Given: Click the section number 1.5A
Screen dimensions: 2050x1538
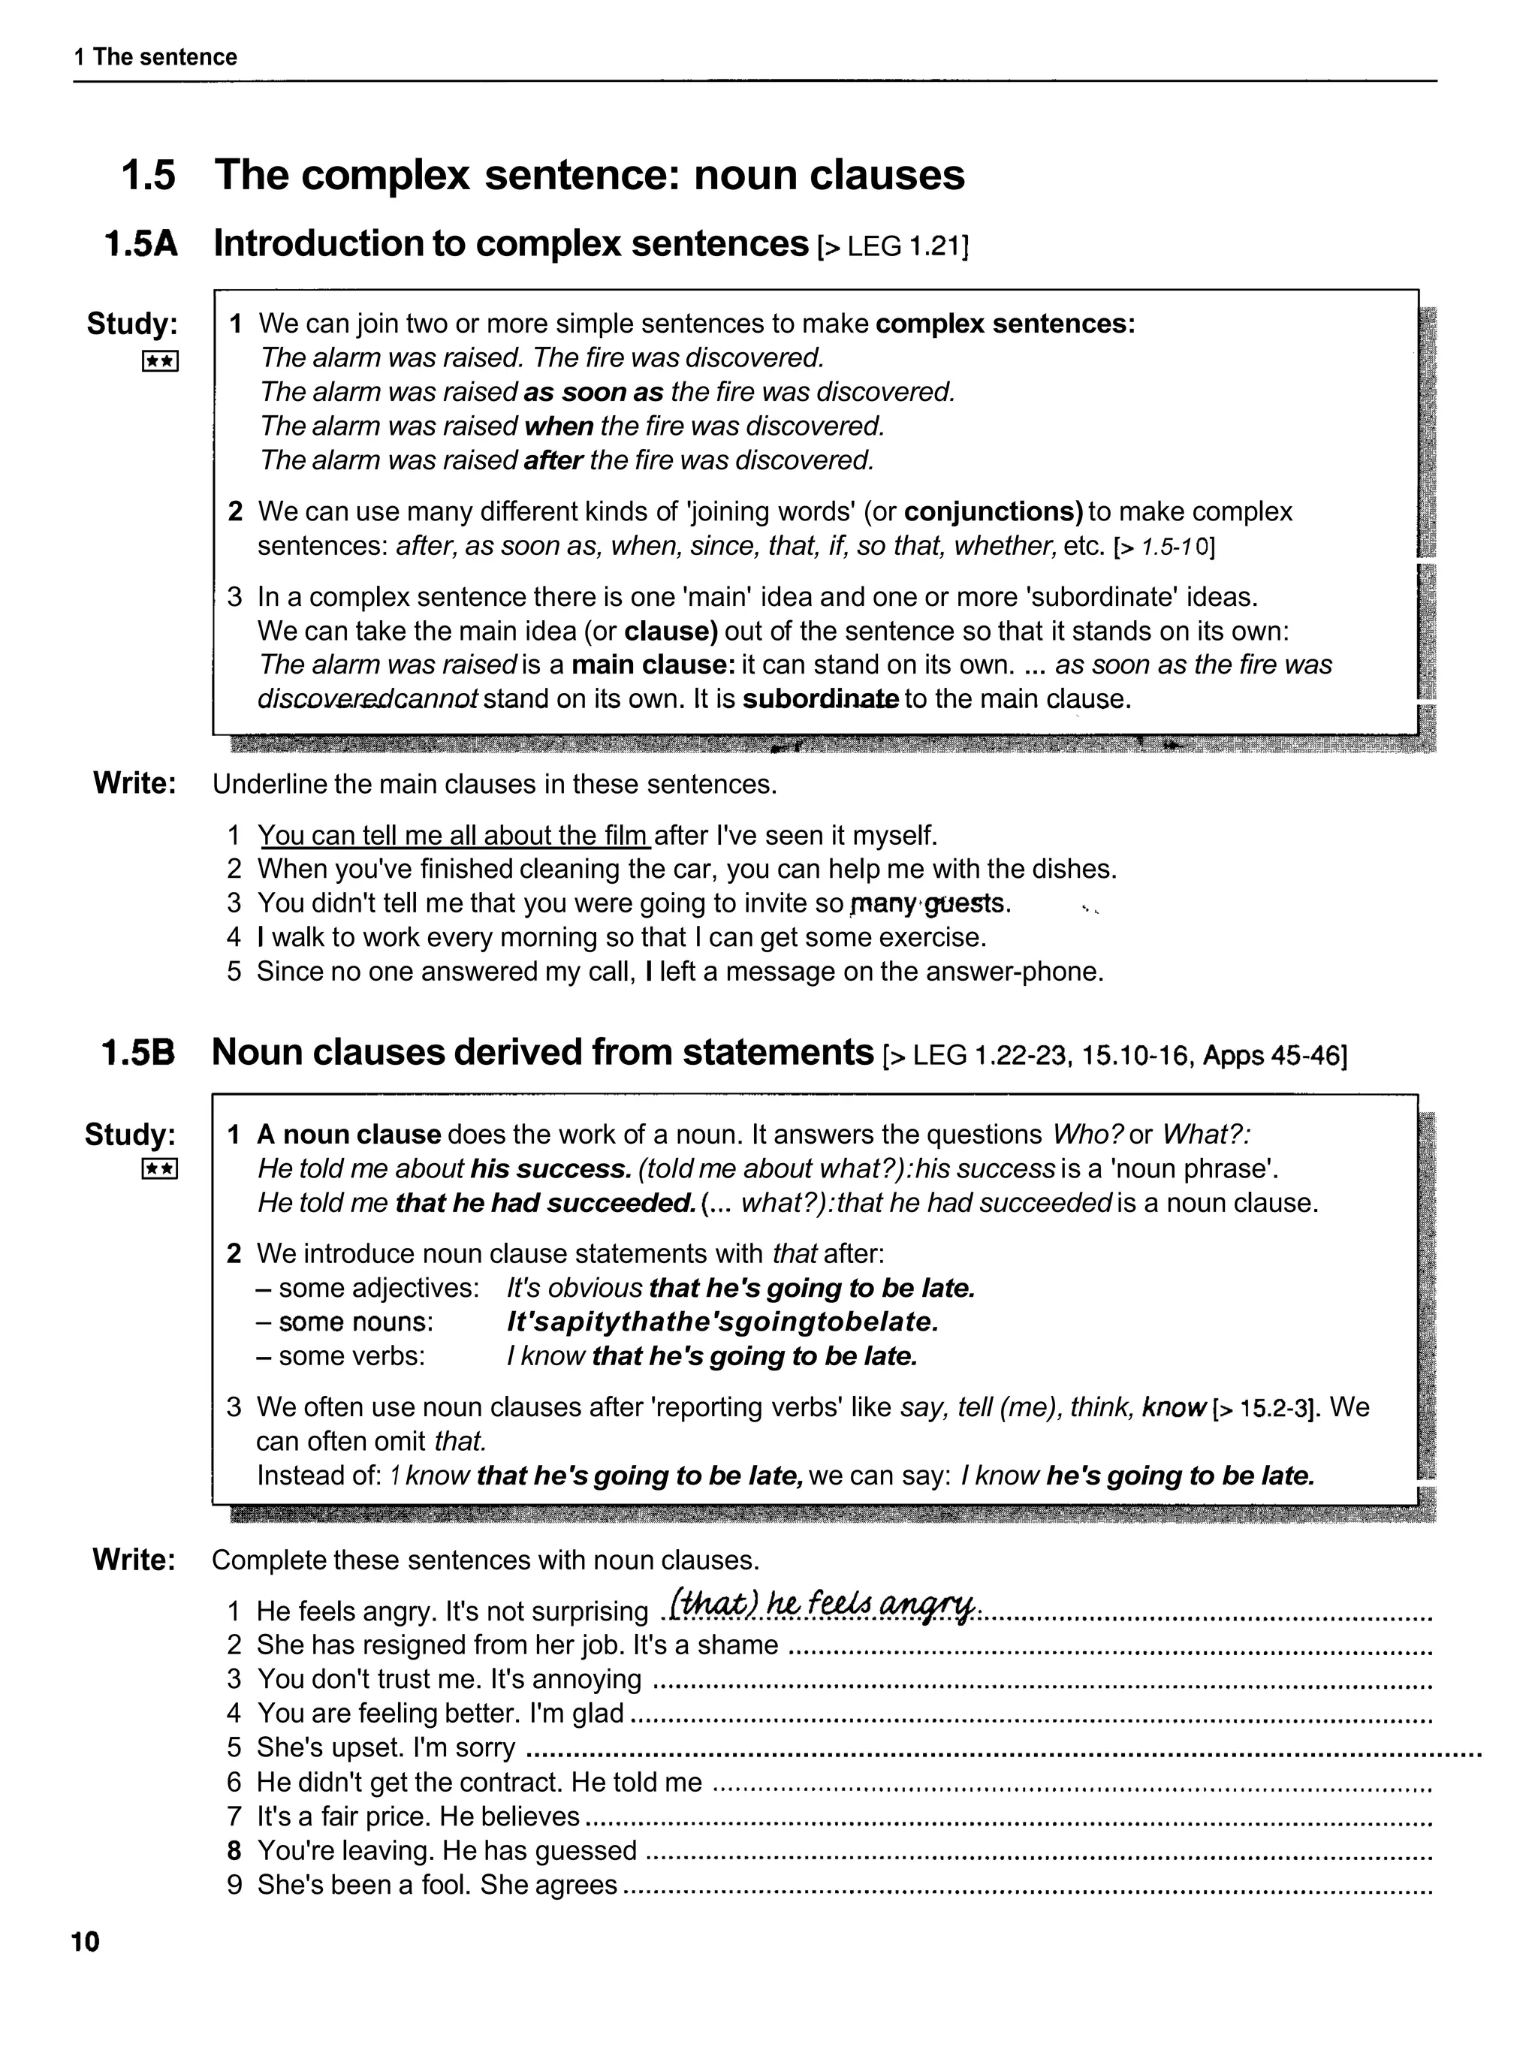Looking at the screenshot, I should click(x=141, y=245).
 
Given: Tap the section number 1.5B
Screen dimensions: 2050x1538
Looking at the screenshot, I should click(x=138, y=1053).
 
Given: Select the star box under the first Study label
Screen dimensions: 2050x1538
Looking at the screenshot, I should click(x=159, y=361).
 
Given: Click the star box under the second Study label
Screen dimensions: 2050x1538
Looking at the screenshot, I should click(x=158, y=1170).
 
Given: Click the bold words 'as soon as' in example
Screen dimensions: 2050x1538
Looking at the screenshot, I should click(x=593, y=392).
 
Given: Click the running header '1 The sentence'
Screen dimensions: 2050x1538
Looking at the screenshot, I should click(x=155, y=58).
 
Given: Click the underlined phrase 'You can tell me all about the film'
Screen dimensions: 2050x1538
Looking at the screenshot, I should click(x=454, y=836).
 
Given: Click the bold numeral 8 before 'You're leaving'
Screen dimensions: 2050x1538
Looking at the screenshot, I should click(x=234, y=1851).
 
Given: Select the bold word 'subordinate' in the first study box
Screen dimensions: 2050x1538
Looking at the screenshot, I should click(x=821, y=699).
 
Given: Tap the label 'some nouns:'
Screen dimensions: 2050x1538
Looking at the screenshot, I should click(x=356, y=1322).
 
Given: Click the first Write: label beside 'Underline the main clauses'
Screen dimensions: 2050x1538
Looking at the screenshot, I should click(x=134, y=783).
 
